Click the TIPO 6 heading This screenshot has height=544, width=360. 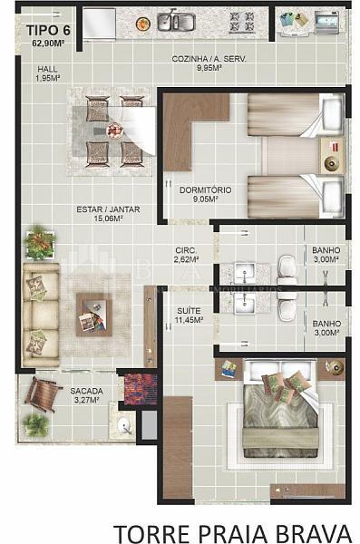tap(48, 30)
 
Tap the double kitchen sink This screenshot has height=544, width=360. tap(176, 22)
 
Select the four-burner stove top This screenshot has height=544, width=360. tap(242, 22)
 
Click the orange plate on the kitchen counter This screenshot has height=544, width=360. tap(143, 24)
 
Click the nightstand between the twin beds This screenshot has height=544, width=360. tap(332, 155)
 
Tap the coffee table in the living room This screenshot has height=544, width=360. tap(94, 315)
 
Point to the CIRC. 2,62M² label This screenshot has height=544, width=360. tap(186, 255)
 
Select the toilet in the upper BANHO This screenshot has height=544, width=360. tap(287, 267)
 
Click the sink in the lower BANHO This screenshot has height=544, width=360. tap(245, 305)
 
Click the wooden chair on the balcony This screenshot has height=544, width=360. tap(43, 393)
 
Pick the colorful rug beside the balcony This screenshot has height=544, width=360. tap(141, 389)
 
